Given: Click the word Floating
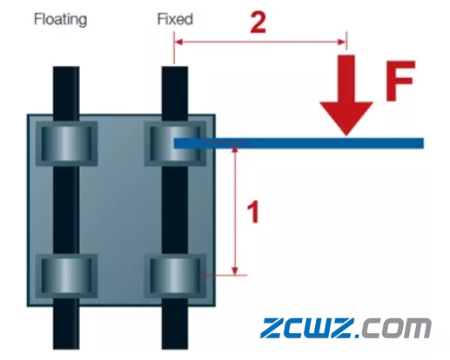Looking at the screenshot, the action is point(60,20).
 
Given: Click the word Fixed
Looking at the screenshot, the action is point(175,19).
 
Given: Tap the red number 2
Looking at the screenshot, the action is point(258,23).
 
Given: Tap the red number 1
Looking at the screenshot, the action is point(253,212).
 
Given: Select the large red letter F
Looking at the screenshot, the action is point(401,81).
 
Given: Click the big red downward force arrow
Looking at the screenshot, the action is point(346,95).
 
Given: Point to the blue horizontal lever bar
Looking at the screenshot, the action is point(299,143).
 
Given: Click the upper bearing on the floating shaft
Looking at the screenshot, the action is point(66,143).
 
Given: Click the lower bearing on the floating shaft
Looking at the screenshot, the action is point(66,276).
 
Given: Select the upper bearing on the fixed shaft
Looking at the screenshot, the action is point(175,143).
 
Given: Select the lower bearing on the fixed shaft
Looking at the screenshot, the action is point(175,276).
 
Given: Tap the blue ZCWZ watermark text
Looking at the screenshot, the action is point(308,328).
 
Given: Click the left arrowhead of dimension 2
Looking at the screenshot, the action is point(178,43).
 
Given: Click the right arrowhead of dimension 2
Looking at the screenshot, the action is point(341,43).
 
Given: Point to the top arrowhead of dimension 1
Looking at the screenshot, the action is point(235,149).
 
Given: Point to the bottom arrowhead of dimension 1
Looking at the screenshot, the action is point(235,270).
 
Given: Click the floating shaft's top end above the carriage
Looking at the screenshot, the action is point(66,67).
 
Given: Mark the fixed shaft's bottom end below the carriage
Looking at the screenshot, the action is point(175,349).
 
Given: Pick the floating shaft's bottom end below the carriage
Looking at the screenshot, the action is point(66,349).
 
